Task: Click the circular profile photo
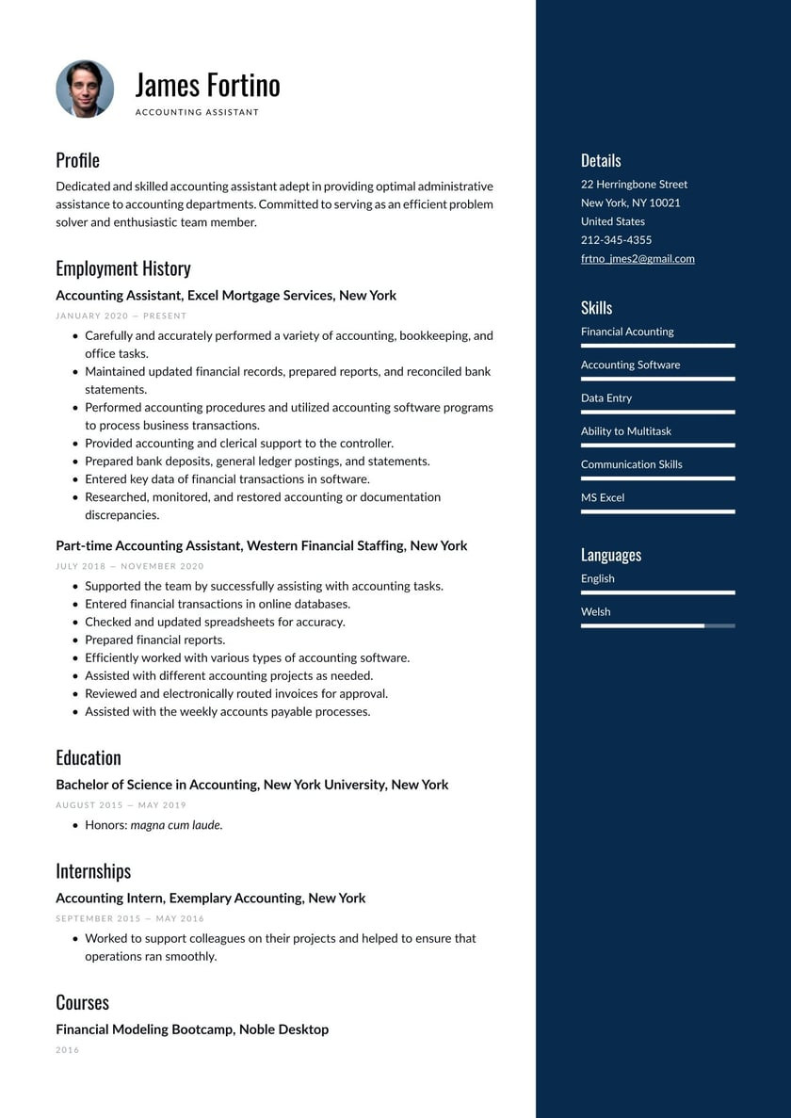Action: [85, 89]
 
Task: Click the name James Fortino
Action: [207, 85]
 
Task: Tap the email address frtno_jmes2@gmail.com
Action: [638, 259]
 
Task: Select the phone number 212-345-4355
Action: [616, 240]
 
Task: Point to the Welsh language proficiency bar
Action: [657, 625]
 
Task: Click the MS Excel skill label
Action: [603, 497]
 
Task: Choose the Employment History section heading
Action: [123, 268]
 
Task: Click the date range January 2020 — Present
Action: [121, 316]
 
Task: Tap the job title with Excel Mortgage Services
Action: [226, 296]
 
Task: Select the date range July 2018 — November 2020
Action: [130, 566]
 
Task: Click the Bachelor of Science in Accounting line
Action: [251, 785]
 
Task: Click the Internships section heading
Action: [93, 871]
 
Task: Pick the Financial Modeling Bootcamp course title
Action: [192, 1029]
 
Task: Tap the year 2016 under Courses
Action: [68, 1050]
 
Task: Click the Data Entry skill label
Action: [606, 398]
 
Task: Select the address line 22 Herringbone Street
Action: [634, 185]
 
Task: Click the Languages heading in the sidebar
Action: [611, 555]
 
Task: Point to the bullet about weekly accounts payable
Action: [227, 712]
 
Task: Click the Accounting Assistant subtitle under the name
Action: [197, 112]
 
